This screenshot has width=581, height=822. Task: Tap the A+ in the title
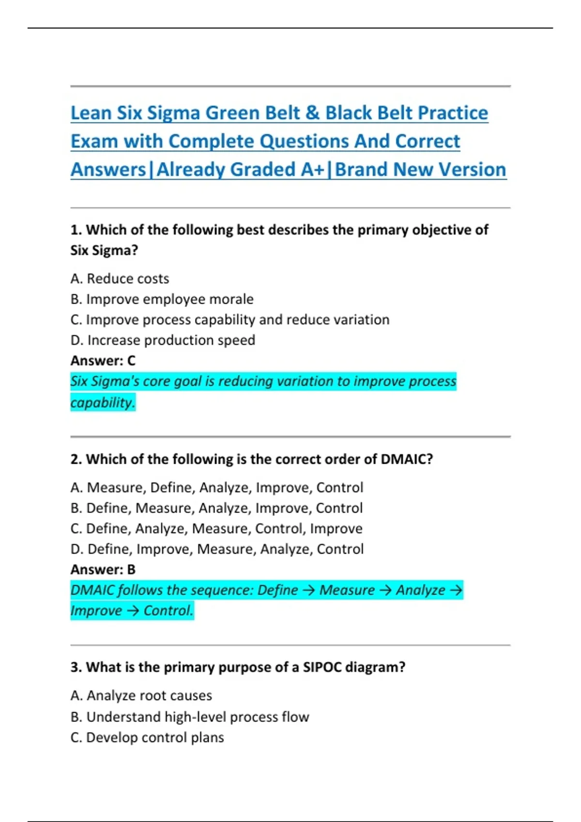point(312,170)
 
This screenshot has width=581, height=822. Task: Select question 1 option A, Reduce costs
point(120,279)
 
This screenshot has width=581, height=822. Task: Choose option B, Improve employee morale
point(162,299)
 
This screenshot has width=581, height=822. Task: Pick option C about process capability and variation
point(229,320)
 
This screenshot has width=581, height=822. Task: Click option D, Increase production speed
point(163,340)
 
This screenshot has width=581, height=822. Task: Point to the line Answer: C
point(103,361)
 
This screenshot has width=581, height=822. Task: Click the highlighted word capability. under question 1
point(103,402)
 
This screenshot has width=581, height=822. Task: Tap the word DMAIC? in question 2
point(407,459)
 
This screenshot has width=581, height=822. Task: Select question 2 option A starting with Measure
point(216,487)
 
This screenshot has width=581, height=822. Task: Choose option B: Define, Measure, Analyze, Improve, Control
point(216,508)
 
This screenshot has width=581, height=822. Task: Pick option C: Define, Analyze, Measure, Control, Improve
point(216,528)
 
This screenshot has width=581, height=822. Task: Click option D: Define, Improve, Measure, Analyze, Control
point(216,549)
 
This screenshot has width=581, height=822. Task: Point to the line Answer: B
point(103,570)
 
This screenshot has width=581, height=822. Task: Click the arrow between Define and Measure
point(308,590)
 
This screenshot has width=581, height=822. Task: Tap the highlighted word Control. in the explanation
point(168,611)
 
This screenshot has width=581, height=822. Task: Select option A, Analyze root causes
point(141,696)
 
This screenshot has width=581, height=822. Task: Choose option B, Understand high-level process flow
point(189,717)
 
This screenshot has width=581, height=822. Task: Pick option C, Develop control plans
point(147,738)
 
